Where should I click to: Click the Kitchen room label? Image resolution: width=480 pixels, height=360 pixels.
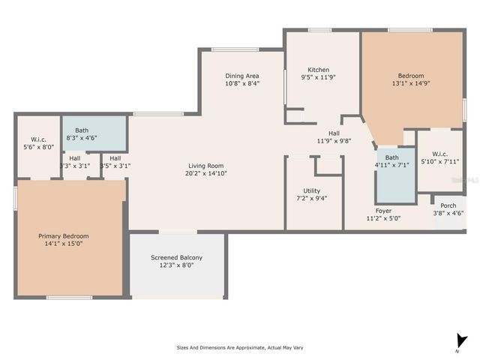pyautogui.click(x=318, y=70)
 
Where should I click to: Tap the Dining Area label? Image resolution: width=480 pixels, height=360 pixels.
pyautogui.click(x=243, y=76)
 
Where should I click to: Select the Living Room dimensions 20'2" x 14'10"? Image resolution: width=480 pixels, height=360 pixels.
pyautogui.click(x=206, y=173)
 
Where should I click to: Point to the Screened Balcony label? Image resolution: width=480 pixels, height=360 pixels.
pyautogui.click(x=176, y=257)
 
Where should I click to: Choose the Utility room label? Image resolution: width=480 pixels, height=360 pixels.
pyautogui.click(x=312, y=190)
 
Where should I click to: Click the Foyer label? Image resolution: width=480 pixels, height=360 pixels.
pyautogui.click(x=383, y=211)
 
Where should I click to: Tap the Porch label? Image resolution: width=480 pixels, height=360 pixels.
pyautogui.click(x=448, y=205)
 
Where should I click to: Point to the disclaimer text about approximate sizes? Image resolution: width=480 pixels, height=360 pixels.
pyautogui.click(x=239, y=347)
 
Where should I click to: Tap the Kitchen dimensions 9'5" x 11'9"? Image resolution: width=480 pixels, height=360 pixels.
pyautogui.click(x=318, y=77)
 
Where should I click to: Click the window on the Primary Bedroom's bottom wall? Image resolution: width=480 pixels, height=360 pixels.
pyautogui.click(x=70, y=298)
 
